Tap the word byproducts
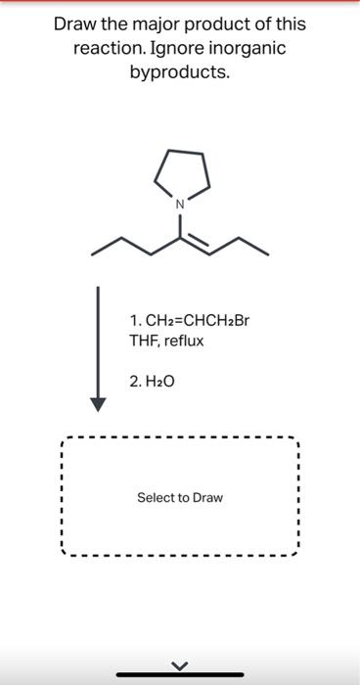click(180, 71)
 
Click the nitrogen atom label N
click(180, 205)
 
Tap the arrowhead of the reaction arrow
click(98, 404)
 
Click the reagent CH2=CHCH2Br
click(184, 321)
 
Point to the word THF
click(143, 340)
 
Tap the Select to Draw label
click(180, 498)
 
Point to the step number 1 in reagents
click(133, 321)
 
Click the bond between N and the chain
click(180, 224)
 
